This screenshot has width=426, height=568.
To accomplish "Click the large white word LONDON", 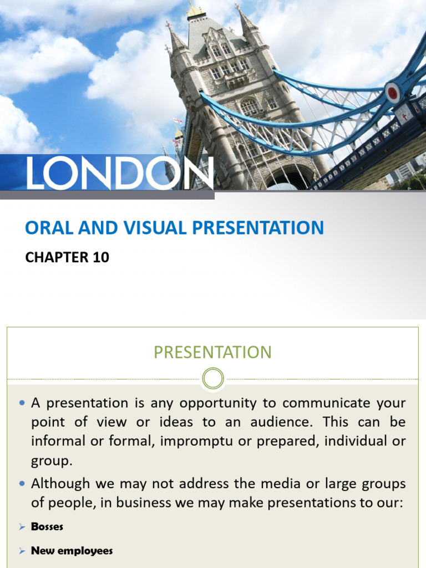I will pyautogui.click(x=120, y=173).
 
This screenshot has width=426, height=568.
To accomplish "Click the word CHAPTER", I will pyautogui.click(x=57, y=257).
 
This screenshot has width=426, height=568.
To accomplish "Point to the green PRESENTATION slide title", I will pyautogui.click(x=212, y=352).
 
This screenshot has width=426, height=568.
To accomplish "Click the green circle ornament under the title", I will pyautogui.click(x=213, y=379).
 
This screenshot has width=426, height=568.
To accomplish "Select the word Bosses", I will pyautogui.click(x=47, y=526).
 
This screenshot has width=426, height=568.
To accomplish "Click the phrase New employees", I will pyautogui.click(x=72, y=551).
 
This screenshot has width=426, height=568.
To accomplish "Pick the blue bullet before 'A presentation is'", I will pyautogui.click(x=22, y=403).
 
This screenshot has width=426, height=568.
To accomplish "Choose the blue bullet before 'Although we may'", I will pyautogui.click(x=22, y=484).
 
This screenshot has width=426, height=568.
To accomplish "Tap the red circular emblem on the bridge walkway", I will pyautogui.click(x=393, y=92).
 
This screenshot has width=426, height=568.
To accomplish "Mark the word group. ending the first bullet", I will pyautogui.click(x=52, y=461).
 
